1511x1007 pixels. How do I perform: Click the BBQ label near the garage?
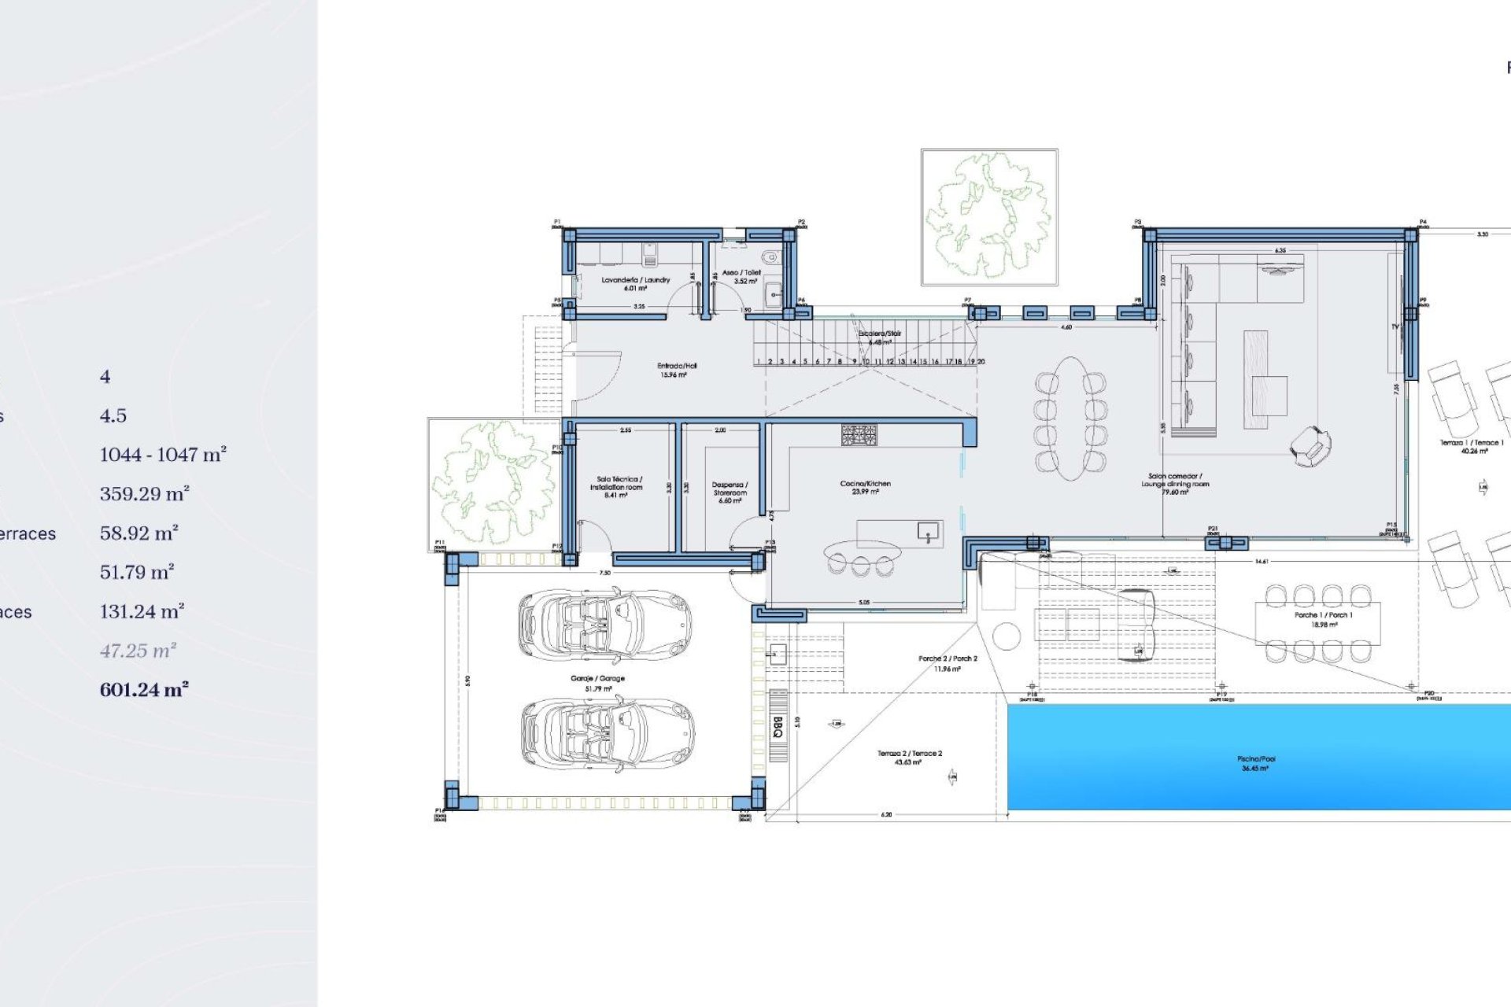tap(778, 726)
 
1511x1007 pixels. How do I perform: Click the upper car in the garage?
tap(604, 625)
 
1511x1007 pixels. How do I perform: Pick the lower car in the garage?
tap(607, 732)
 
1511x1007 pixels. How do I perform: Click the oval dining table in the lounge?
tap(1070, 418)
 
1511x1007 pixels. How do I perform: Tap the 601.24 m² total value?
tap(144, 690)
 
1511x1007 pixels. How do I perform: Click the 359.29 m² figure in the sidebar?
tap(144, 494)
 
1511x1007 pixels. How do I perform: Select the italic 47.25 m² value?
tap(138, 651)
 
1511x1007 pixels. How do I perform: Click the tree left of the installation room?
tap(492, 482)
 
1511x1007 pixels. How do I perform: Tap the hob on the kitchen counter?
tap(859, 435)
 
